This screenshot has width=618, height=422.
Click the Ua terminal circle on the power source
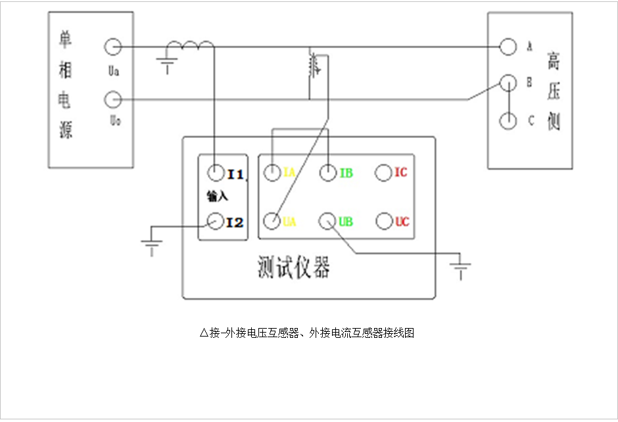click(x=112, y=47)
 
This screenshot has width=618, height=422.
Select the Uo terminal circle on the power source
click(x=112, y=100)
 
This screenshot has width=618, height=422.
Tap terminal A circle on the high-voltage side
click(x=508, y=47)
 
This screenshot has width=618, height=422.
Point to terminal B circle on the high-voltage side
click(x=508, y=83)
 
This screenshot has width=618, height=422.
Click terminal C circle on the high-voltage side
click(x=508, y=122)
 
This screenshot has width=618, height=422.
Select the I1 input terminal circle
click(x=215, y=173)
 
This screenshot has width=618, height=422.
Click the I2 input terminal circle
click(x=215, y=222)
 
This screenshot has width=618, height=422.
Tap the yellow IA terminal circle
click(x=272, y=173)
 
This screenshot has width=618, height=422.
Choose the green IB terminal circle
click(x=328, y=173)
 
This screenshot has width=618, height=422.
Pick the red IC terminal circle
click(x=383, y=173)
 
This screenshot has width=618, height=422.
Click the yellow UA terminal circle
click(x=272, y=222)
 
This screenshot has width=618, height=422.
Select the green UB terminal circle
click(x=328, y=222)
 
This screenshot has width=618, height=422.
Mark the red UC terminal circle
click(x=383, y=222)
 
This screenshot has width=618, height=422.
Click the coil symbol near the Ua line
click(x=190, y=46)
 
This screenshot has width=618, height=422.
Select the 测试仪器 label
click(x=293, y=268)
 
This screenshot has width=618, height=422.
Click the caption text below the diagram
click(x=307, y=333)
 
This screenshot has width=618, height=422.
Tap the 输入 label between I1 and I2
click(x=216, y=197)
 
